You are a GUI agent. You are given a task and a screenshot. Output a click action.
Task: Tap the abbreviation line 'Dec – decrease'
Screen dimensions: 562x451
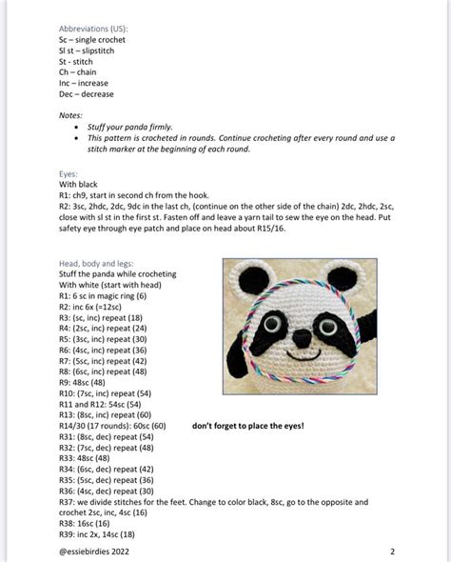pyautogui.click(x=86, y=94)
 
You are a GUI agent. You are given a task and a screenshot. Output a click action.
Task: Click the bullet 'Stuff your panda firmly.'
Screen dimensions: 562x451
pyautogui.click(x=130, y=127)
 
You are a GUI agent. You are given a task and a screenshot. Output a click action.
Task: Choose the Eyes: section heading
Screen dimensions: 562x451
pyautogui.click(x=69, y=173)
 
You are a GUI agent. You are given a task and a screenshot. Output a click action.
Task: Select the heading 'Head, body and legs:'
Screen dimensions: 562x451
pyautogui.click(x=97, y=263)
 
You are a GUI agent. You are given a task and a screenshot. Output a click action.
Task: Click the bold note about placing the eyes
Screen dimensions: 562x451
pyautogui.click(x=248, y=425)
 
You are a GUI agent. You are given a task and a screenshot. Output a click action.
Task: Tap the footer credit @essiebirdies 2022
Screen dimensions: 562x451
pyautogui.click(x=93, y=551)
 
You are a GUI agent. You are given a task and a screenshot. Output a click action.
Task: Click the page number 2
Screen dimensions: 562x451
pyautogui.click(x=392, y=551)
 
